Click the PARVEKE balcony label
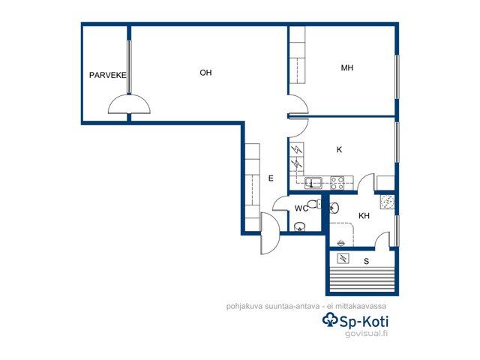(x=107, y=75)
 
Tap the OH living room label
(x=205, y=73)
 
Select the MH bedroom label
(x=347, y=67)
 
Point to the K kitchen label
(x=339, y=150)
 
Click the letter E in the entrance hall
(x=271, y=178)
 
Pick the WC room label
(x=301, y=208)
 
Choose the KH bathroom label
(x=364, y=216)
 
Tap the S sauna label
(x=367, y=262)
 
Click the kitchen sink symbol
(x=313, y=183)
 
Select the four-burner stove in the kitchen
(x=337, y=183)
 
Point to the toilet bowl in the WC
(x=313, y=204)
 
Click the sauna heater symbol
(x=343, y=259)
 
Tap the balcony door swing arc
(x=129, y=104)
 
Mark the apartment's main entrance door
(x=270, y=233)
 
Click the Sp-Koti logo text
(x=364, y=322)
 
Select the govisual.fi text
(x=367, y=333)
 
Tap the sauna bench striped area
(x=362, y=280)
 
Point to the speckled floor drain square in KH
(x=387, y=202)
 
